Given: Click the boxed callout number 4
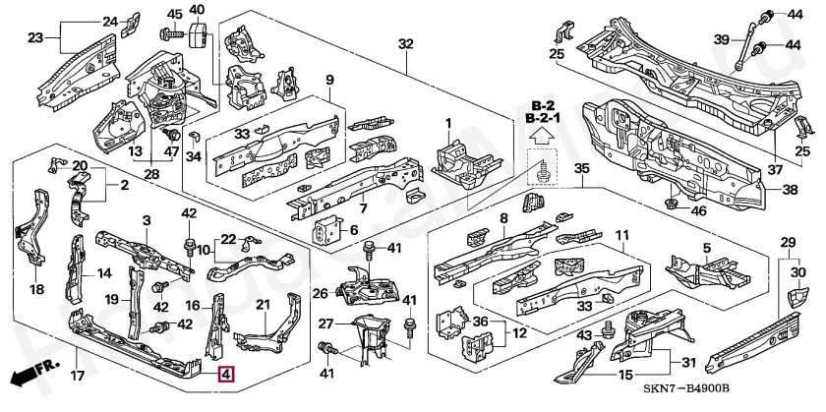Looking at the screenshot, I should (226, 374).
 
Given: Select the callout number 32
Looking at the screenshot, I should (406, 43).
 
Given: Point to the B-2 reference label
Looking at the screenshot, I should (543, 105).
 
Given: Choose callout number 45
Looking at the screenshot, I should (175, 14).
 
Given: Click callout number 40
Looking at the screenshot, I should (197, 10).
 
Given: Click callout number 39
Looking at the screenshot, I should (721, 39).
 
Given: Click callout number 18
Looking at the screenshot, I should (36, 290).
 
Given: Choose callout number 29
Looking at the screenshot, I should (787, 242).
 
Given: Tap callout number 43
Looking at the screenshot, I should (584, 336).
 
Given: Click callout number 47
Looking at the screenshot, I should (170, 151).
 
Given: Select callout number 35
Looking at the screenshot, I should (582, 169).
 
